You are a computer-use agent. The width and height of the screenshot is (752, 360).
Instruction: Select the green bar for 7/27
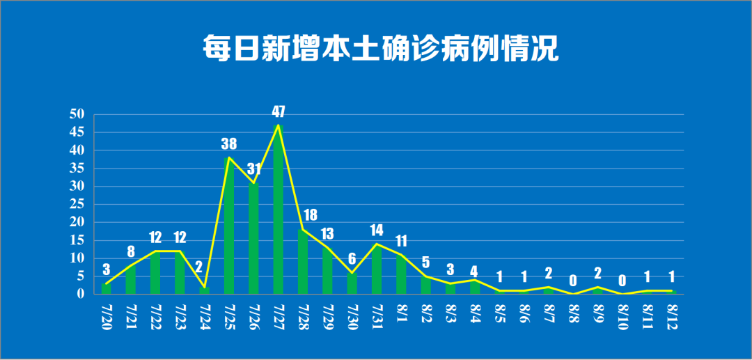(279, 209)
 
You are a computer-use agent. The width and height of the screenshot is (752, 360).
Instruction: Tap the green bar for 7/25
(229, 226)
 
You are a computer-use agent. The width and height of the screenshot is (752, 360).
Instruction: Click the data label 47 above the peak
(279, 111)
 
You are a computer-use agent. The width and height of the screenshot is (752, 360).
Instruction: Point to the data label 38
(229, 144)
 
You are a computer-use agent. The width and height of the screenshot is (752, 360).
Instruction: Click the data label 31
(256, 169)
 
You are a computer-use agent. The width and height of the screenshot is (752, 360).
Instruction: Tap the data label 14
(377, 230)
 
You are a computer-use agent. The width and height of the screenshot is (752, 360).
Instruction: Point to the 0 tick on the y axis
(80, 294)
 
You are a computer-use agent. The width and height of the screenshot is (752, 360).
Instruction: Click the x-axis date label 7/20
(106, 318)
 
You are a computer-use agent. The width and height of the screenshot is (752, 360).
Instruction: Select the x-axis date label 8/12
(672, 318)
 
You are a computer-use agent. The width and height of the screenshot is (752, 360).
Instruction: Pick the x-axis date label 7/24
(204, 318)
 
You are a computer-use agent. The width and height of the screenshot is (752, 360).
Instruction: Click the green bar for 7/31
(377, 269)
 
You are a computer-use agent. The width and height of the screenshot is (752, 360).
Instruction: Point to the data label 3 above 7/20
(106, 269)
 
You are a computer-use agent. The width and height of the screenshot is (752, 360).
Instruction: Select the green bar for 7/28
(303, 262)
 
